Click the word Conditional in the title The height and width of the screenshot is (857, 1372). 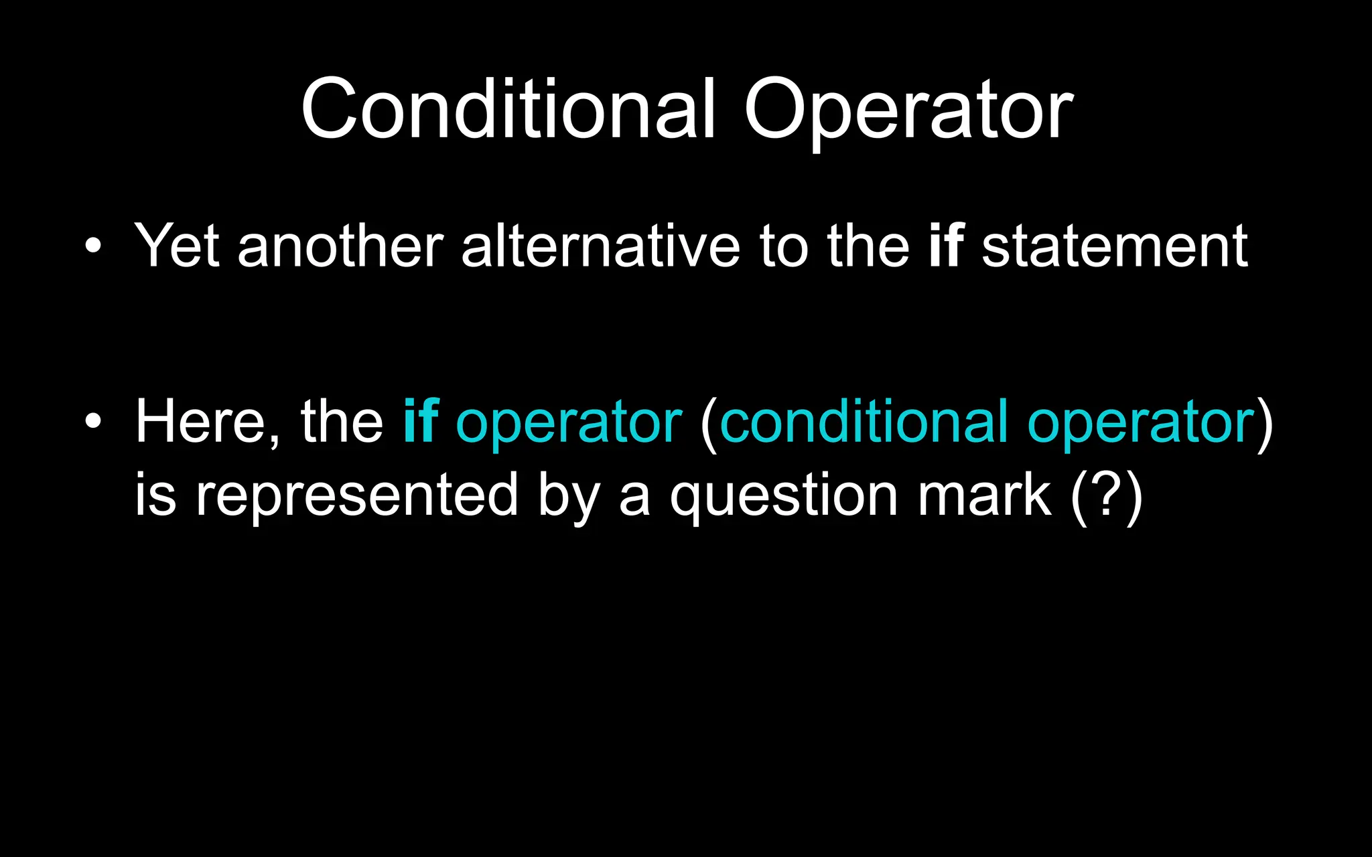click(x=508, y=108)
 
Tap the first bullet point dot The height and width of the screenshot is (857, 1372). click(x=93, y=246)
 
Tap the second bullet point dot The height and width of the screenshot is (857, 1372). click(x=93, y=421)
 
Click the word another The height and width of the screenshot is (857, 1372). click(x=340, y=246)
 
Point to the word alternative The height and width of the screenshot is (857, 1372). click(x=600, y=246)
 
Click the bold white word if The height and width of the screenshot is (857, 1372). click(x=946, y=246)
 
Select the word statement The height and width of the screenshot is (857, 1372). click(x=1114, y=246)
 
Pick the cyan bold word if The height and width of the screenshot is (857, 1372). click(x=420, y=421)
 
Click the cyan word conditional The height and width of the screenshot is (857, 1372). click(x=864, y=421)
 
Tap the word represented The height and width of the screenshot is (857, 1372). click(x=356, y=495)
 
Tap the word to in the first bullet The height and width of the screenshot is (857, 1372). click(x=783, y=246)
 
